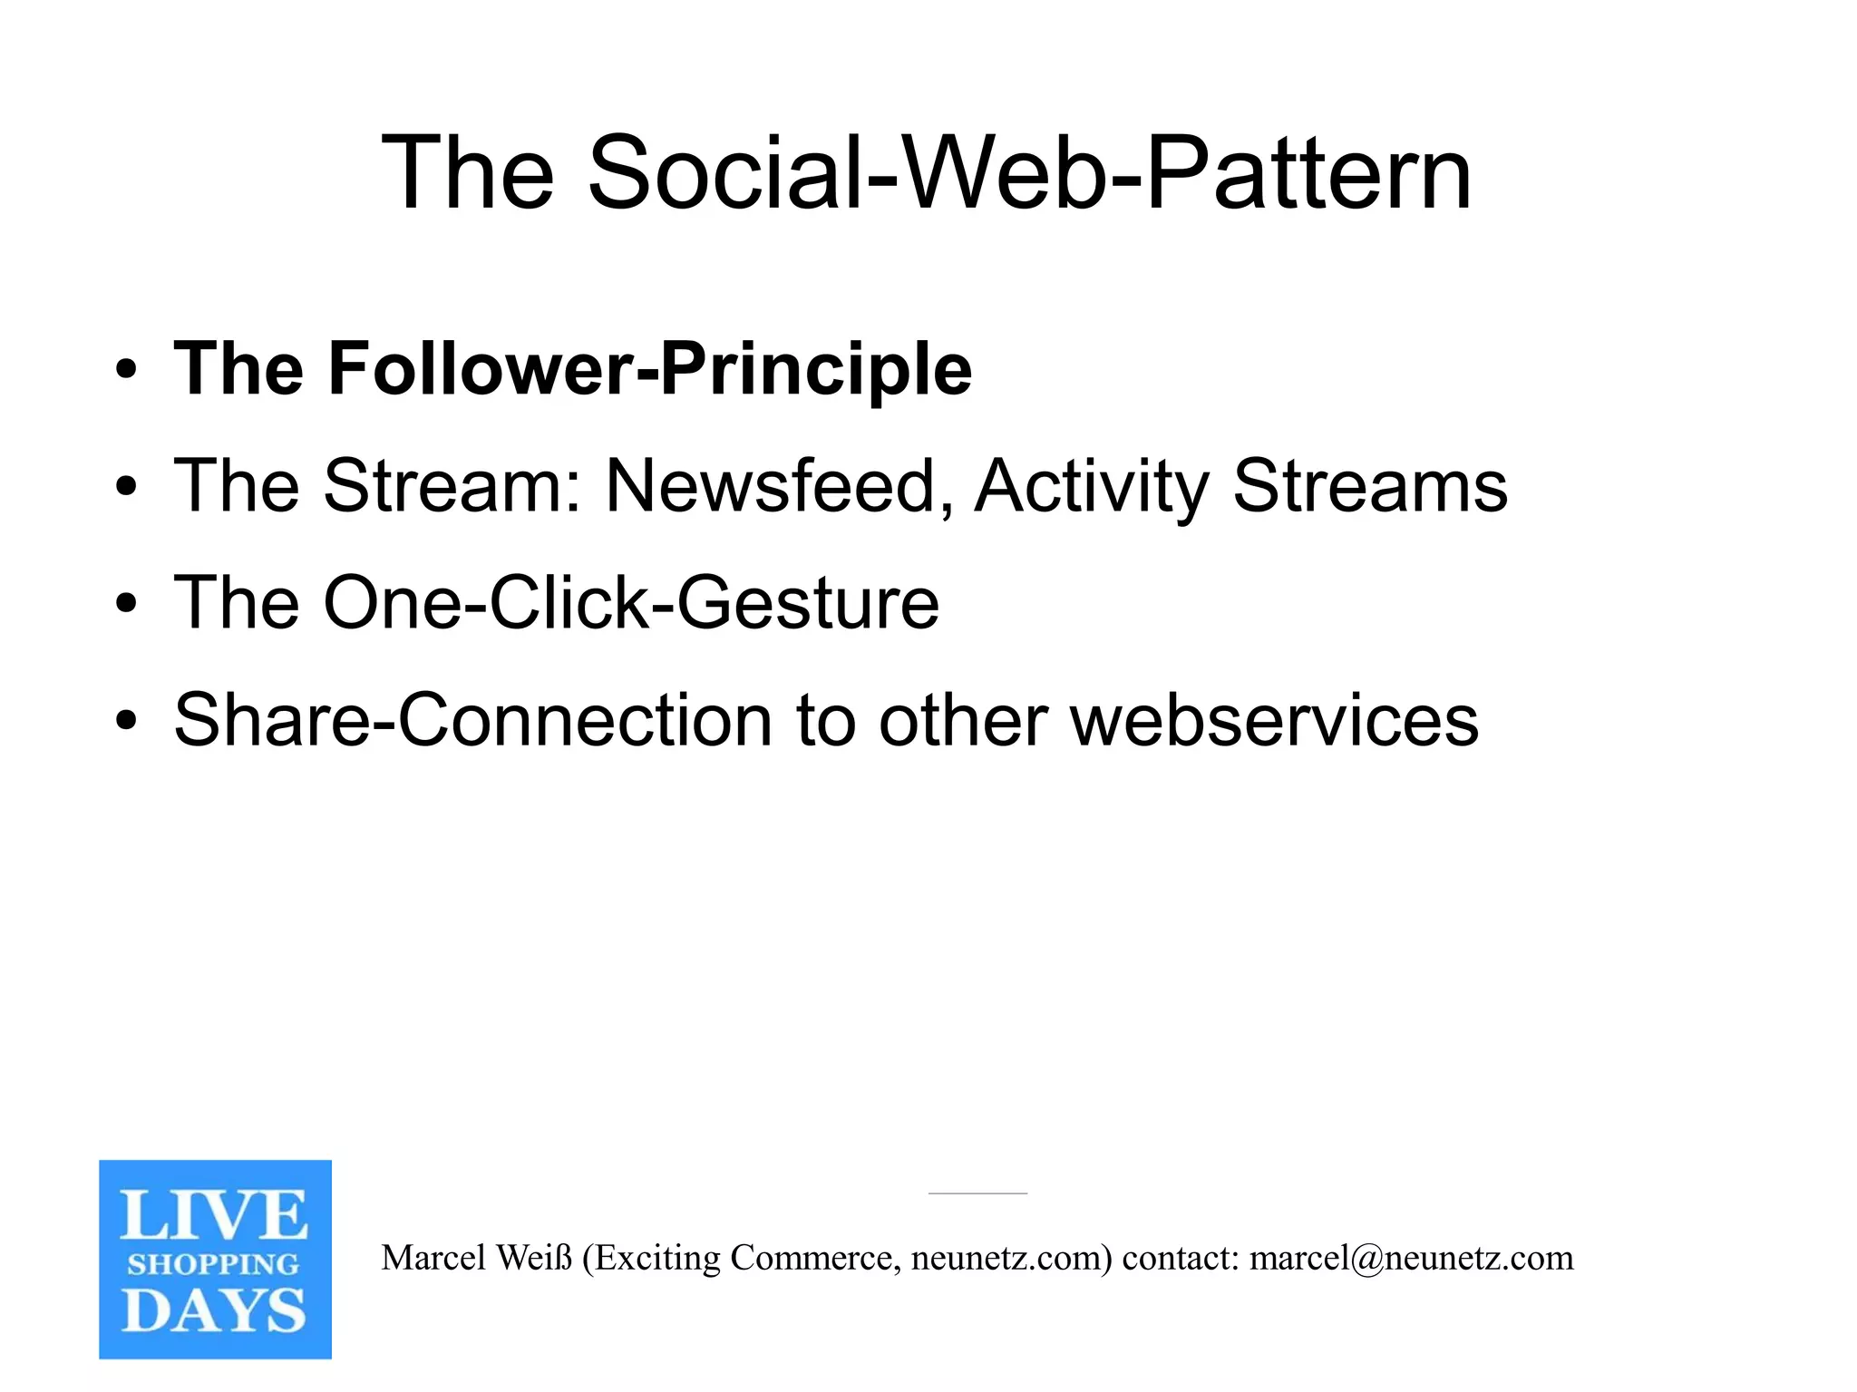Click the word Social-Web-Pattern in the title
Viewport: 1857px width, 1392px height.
point(1029,172)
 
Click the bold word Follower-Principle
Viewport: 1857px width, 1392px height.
point(649,369)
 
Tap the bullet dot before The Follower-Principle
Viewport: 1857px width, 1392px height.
point(127,370)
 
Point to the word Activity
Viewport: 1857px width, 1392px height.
point(1092,486)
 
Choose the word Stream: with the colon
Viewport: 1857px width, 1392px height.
point(452,486)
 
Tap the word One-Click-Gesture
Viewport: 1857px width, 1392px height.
point(631,603)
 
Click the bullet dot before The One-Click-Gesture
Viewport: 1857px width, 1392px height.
point(127,604)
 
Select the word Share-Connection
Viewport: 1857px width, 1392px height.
point(472,720)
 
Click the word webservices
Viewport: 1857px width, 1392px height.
point(1274,720)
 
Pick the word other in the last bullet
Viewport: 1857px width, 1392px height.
point(963,720)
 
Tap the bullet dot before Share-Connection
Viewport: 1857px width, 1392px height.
point(127,721)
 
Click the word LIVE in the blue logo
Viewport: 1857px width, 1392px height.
point(214,1216)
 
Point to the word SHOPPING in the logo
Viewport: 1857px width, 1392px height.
point(214,1264)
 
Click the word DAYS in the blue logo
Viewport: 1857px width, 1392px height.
point(214,1311)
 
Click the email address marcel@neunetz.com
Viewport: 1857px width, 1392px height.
point(1411,1258)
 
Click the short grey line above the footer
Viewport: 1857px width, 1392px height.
point(977,1193)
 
